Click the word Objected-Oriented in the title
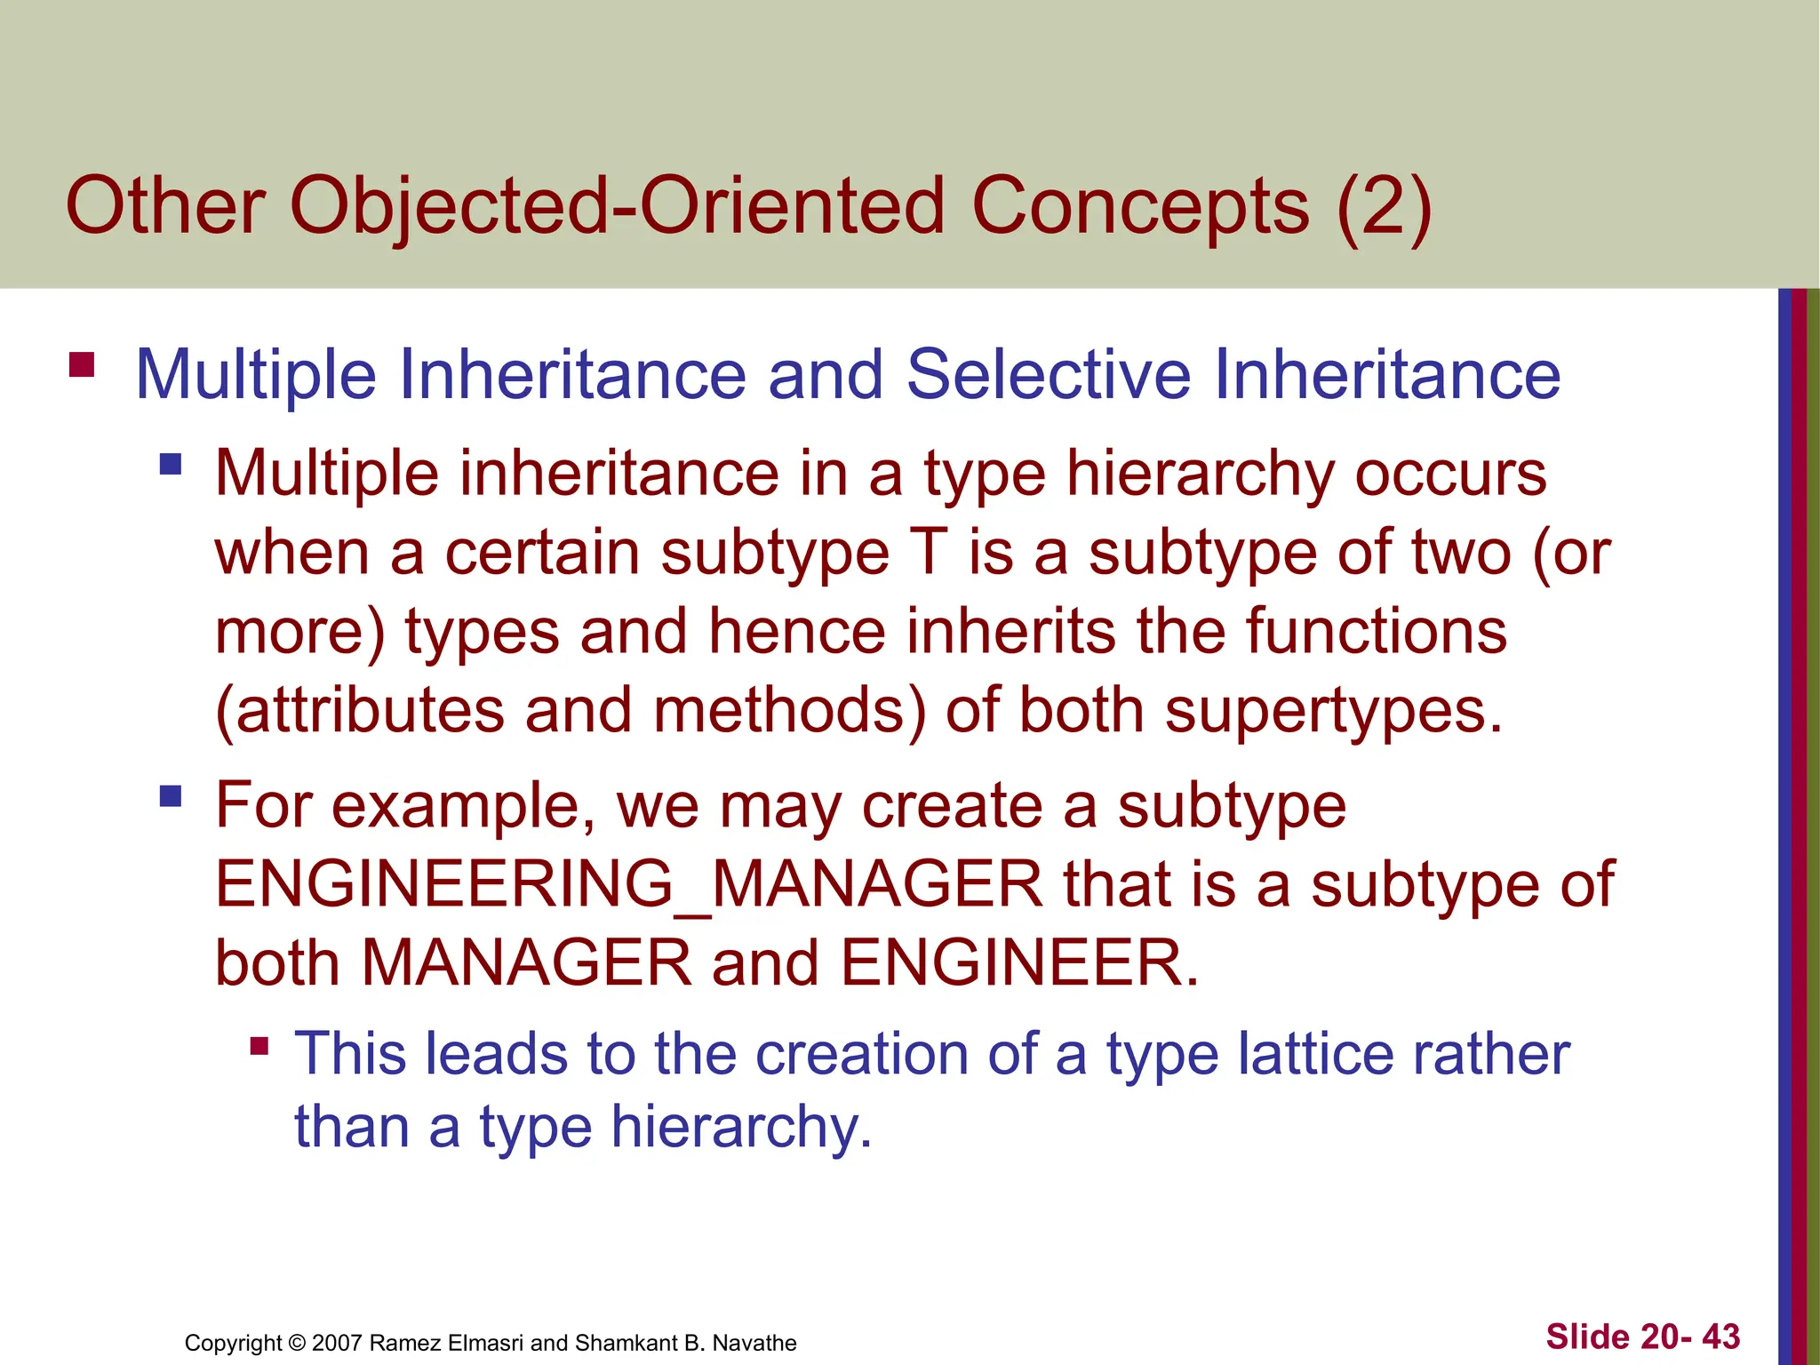617,206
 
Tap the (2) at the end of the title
1384,206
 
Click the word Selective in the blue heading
1048,374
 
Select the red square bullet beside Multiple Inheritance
82,365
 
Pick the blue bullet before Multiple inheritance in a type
171,464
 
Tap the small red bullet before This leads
259,1046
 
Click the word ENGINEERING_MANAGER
629,884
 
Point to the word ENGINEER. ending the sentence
1019,963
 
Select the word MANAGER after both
526,963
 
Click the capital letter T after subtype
930,553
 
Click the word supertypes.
1333,711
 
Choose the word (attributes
360,711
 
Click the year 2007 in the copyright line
337,1343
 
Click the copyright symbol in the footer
297,1343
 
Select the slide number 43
1720,1337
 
